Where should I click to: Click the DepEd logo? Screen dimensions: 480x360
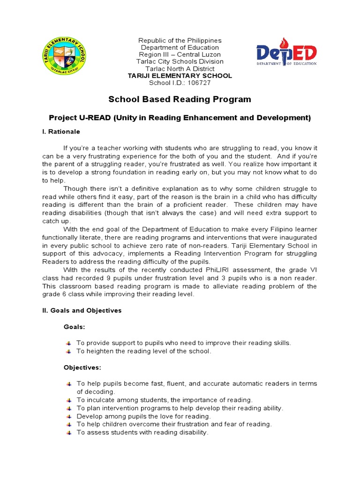coord(286,51)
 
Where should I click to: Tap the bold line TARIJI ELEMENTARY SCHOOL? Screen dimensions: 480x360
coord(180,76)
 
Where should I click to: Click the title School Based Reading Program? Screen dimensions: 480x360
coord(180,99)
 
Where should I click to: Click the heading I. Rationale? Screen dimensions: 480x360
coord(61,132)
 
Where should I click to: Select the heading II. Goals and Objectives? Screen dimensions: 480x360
coord(82,310)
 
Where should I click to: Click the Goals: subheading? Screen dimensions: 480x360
coord(75,327)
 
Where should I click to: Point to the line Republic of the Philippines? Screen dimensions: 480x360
coord(180,41)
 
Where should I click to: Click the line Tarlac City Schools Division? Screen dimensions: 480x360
coord(180,61)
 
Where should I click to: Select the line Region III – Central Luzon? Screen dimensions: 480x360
coord(180,54)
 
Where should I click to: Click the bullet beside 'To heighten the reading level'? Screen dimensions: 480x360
coord(69,351)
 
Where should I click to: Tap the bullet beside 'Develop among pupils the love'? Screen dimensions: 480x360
coord(69,416)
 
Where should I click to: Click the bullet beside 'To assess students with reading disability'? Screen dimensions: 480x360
coord(69,433)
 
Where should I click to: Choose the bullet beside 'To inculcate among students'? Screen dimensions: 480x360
coord(69,400)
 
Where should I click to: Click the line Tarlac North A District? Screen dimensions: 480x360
coord(180,68)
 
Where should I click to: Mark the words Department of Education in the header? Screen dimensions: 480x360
coord(180,47)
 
